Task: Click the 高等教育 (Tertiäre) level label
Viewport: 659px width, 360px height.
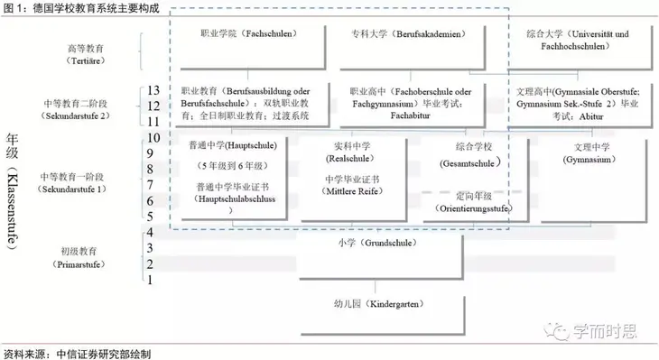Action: click(x=88, y=55)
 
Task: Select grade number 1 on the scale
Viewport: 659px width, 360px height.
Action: click(x=153, y=280)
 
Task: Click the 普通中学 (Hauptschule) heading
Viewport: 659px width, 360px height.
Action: click(x=232, y=145)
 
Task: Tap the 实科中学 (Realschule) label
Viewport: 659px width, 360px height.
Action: click(x=350, y=151)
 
